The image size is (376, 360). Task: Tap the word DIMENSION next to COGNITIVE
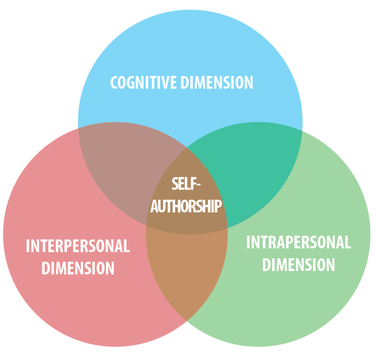coord(216,82)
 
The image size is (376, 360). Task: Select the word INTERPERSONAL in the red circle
coord(78,246)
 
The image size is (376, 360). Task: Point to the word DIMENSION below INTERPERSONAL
coord(78,267)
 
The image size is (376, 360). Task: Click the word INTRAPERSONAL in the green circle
coord(298,243)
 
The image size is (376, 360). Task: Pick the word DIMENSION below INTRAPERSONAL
coord(298,265)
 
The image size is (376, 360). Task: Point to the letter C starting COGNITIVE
coord(114,83)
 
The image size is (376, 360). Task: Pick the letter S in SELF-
coord(176,184)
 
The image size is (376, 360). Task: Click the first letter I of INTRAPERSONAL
coord(248,243)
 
